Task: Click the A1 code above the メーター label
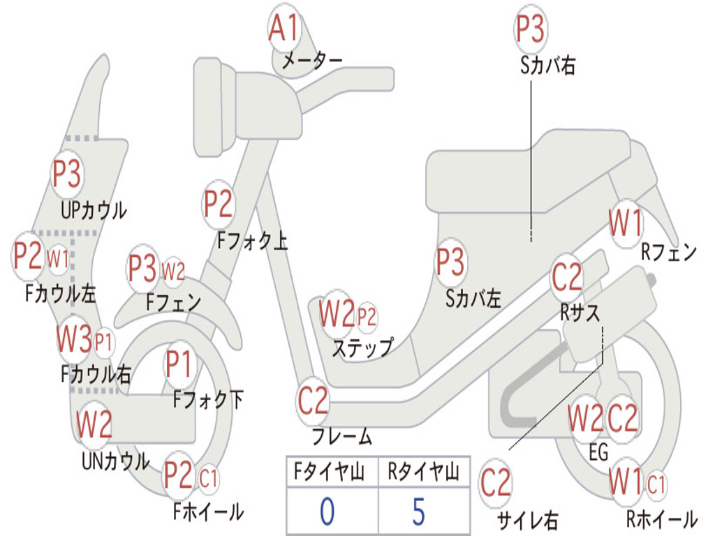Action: (284, 29)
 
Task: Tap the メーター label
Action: (311, 61)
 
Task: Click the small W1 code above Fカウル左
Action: (58, 259)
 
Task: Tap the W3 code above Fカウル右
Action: (75, 340)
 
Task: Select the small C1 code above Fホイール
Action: (209, 479)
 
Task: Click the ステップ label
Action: (362, 348)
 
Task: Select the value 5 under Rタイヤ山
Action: (418, 512)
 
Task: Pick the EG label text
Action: (598, 452)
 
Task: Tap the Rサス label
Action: (580, 313)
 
